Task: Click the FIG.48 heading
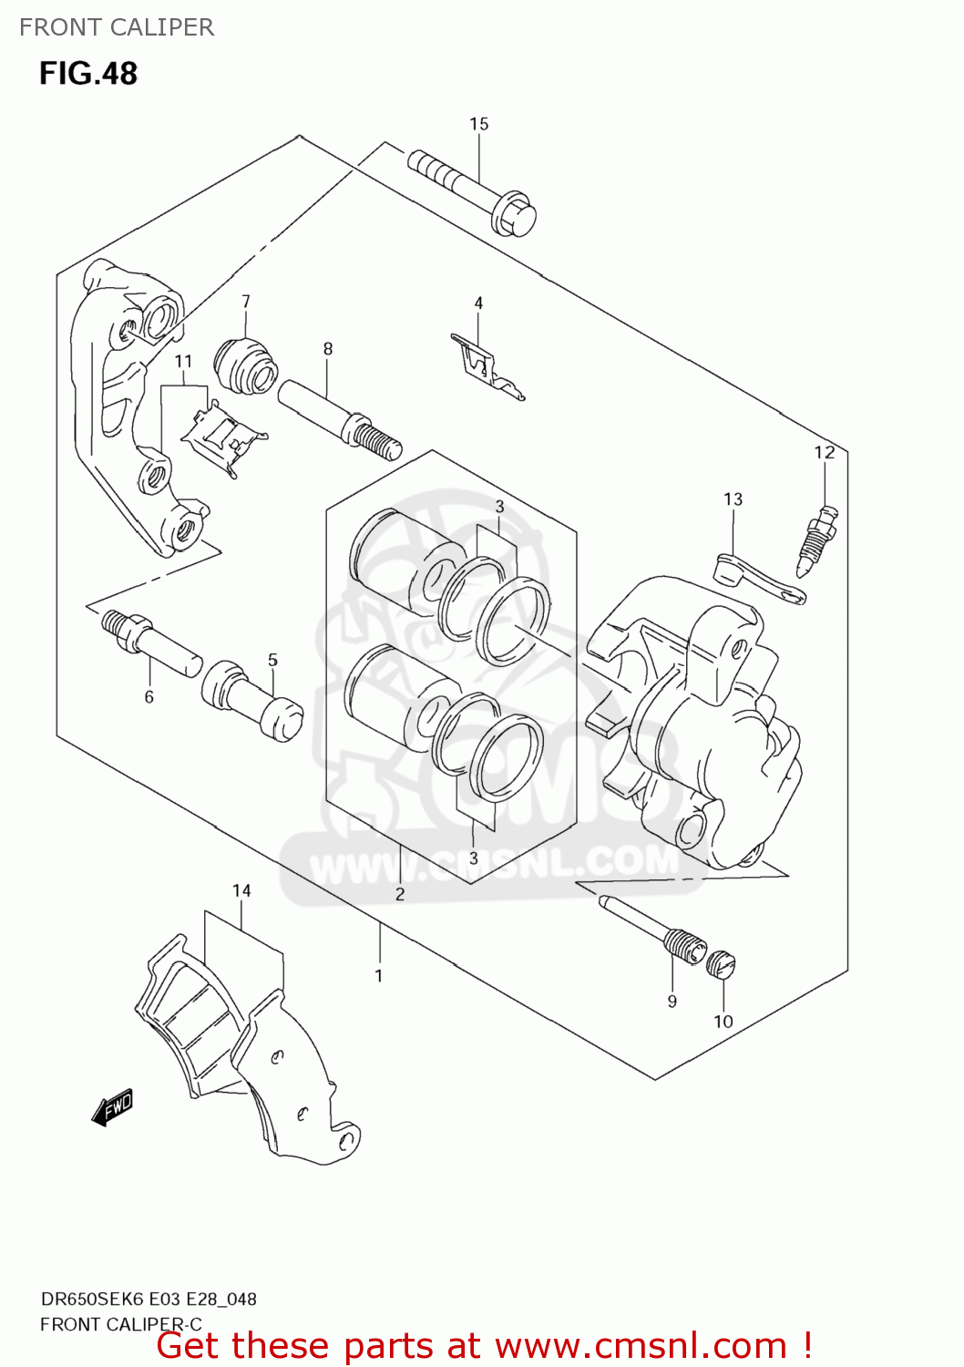coord(87,73)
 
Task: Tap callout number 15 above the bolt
coord(479,124)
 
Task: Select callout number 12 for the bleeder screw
coord(824,452)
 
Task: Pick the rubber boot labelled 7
coord(245,365)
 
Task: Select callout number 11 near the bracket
coord(184,361)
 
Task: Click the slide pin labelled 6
coord(151,642)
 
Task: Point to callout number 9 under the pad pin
coord(672,1001)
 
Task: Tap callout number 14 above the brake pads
coord(241,890)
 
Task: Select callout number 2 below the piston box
coord(400,894)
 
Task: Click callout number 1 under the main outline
coord(379,976)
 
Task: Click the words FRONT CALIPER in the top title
coord(117,27)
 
